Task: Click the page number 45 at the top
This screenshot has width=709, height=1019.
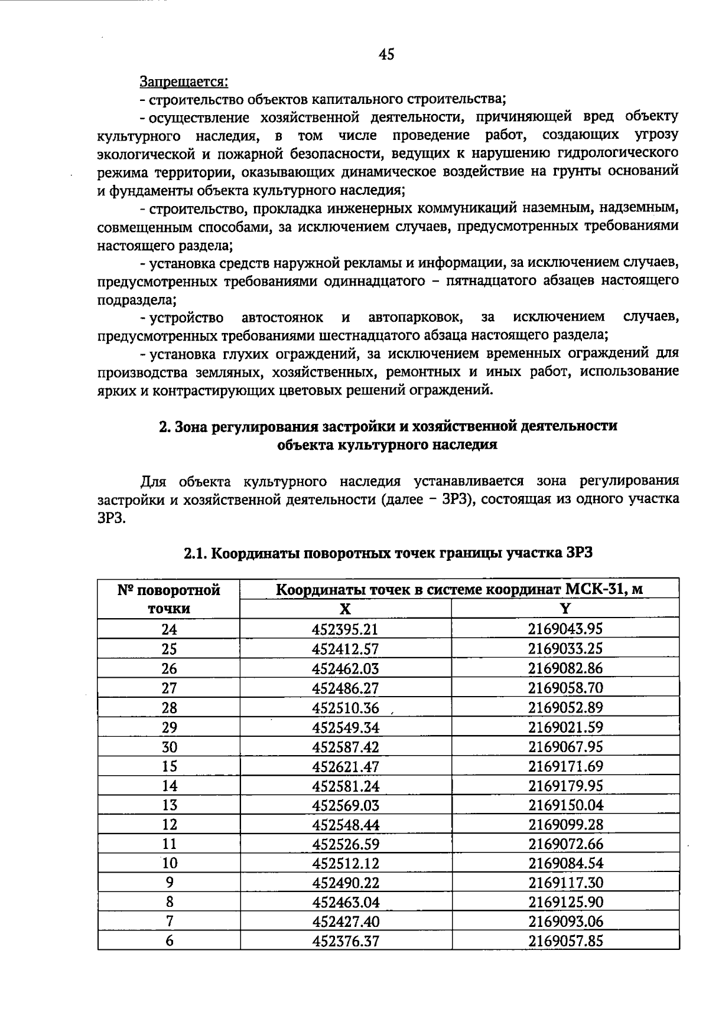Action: [387, 55]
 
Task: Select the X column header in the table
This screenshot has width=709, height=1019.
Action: [345, 609]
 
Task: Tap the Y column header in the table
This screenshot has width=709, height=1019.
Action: [565, 609]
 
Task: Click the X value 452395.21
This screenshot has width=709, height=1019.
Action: [345, 629]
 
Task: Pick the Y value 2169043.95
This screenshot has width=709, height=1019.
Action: [565, 629]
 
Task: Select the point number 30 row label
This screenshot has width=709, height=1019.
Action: [169, 747]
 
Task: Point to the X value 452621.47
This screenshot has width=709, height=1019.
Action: [345, 766]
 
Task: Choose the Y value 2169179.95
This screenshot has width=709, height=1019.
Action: [565, 786]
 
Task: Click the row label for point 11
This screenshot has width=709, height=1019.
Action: [169, 844]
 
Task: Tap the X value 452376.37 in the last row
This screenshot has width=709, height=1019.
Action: [345, 941]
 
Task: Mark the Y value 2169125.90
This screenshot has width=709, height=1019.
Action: [565, 902]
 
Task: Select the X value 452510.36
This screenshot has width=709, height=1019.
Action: [345, 708]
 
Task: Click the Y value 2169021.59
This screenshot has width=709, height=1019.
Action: [565, 727]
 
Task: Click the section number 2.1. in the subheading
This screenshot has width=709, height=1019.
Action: [196, 554]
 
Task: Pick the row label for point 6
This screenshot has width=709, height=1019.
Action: [169, 941]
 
